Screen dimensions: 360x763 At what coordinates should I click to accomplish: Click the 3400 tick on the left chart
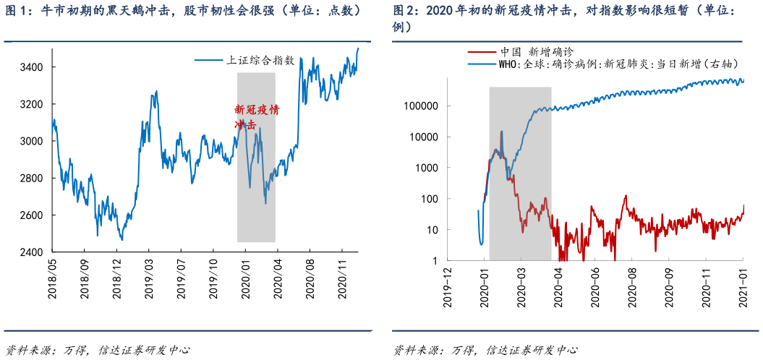tap(33, 67)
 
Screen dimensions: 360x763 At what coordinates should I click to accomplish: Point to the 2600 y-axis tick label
tap(33, 215)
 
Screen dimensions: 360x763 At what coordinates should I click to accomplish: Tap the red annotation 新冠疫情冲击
tap(256, 117)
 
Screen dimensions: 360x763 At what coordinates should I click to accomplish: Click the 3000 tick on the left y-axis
tap(33, 141)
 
